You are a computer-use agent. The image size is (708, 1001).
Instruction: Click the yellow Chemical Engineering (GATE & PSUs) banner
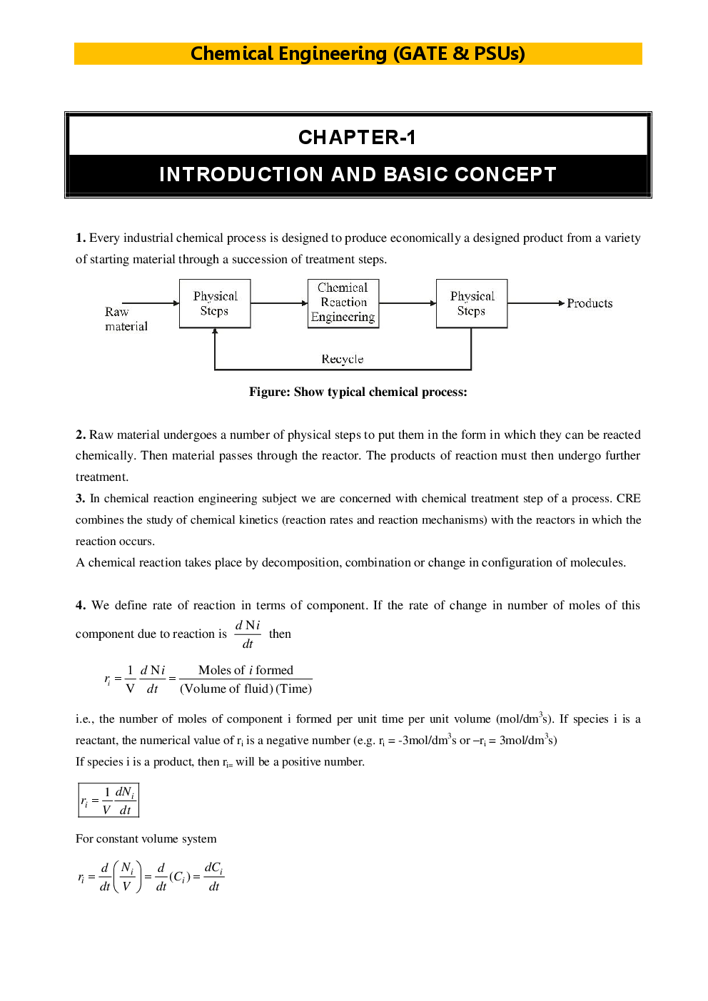358,54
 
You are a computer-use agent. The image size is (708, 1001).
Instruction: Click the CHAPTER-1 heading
357,137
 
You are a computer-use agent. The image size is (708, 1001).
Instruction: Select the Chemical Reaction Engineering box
343,303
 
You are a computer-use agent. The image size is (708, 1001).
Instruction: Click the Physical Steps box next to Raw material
215,303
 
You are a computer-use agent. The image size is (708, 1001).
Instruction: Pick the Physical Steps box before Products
472,303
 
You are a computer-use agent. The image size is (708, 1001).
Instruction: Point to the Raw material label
126,319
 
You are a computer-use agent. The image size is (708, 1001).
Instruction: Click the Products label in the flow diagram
590,303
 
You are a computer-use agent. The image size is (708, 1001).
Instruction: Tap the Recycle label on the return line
342,359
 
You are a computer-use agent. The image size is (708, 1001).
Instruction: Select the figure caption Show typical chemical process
358,392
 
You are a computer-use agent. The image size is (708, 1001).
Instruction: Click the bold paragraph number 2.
81,435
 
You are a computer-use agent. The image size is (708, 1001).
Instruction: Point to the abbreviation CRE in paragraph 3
629,498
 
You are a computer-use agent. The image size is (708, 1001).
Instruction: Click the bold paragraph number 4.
81,605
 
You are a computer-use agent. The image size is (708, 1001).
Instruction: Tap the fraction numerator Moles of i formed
246,670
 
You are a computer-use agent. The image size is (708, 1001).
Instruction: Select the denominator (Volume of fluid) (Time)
246,688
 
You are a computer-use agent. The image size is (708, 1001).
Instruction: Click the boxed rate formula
108,800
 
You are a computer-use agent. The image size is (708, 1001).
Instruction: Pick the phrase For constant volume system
146,839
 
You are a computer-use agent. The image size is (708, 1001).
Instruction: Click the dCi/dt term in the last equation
213,877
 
